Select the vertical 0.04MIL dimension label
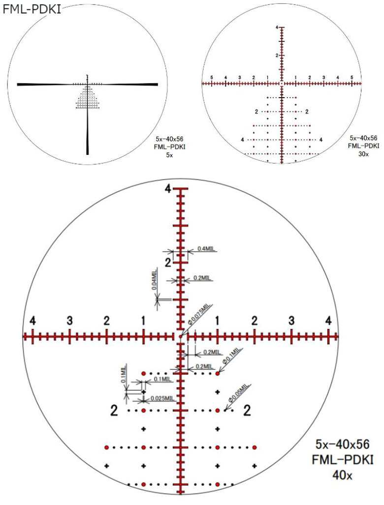[x=154, y=280]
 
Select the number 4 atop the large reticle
[x=168, y=190]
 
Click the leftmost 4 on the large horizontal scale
[x=33, y=321]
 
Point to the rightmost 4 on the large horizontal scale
[x=328, y=321]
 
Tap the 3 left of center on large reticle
[x=70, y=321]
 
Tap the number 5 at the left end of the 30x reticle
[x=212, y=78]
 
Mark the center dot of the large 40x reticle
[x=181, y=337]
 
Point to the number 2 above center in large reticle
[x=168, y=262]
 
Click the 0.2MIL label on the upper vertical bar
[x=202, y=278]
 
